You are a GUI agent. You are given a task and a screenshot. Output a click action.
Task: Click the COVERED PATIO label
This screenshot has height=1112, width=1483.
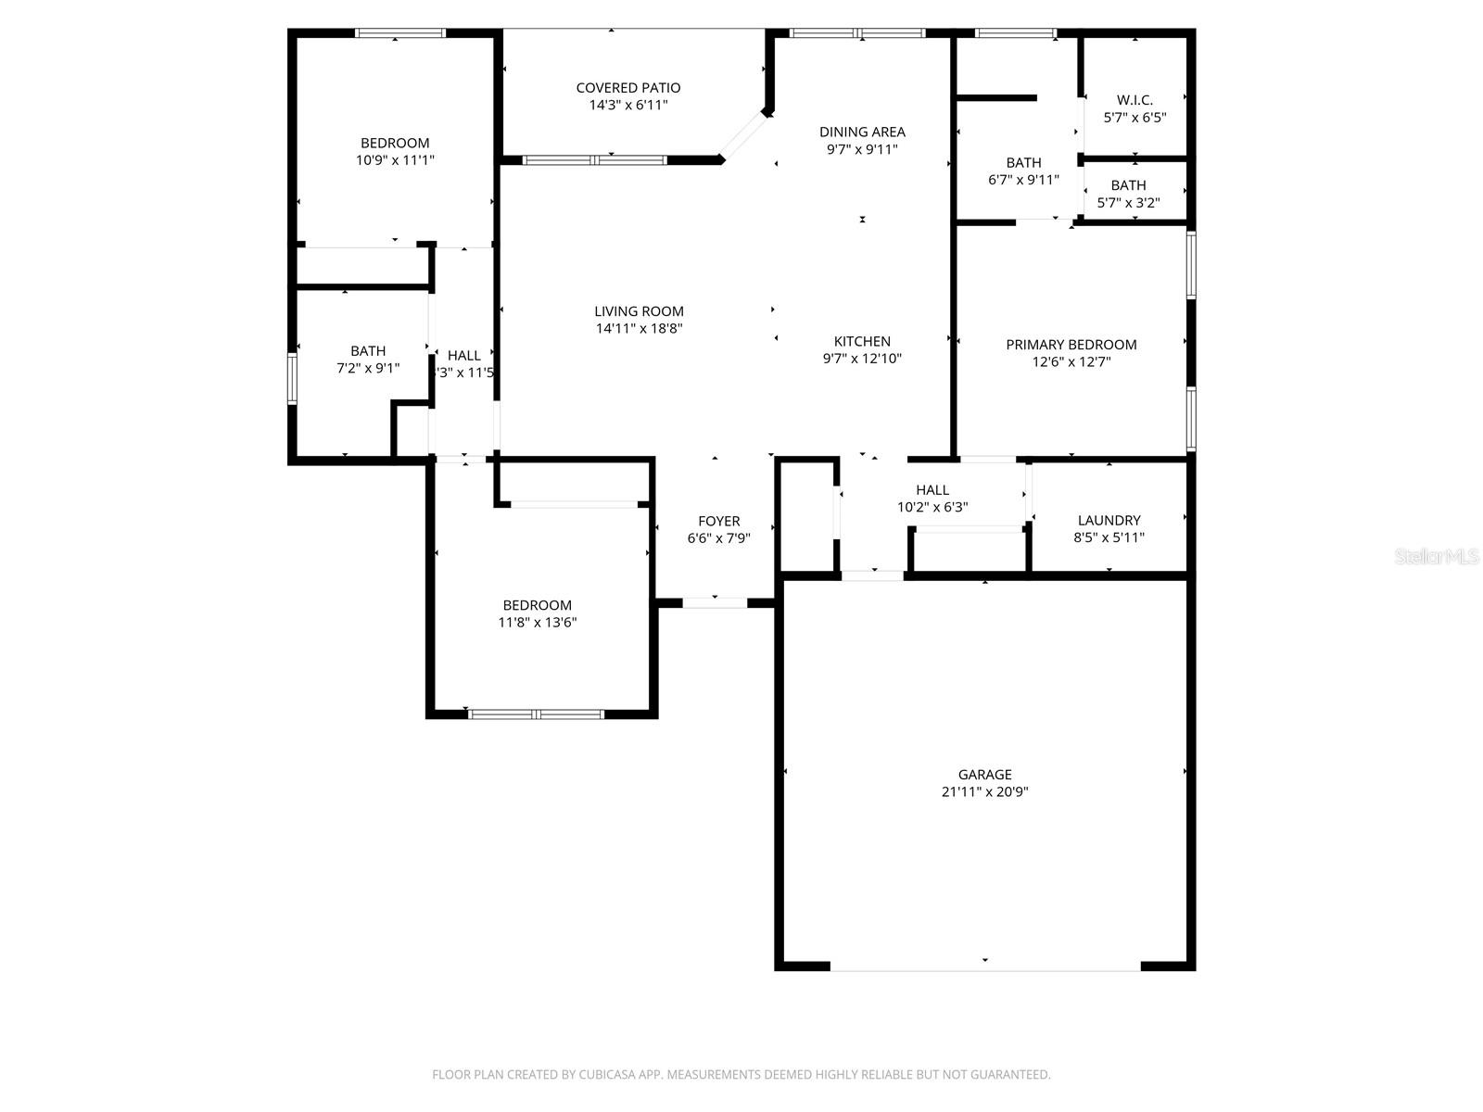(x=627, y=88)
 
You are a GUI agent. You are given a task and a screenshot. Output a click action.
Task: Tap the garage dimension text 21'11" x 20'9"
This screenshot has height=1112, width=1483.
(x=984, y=792)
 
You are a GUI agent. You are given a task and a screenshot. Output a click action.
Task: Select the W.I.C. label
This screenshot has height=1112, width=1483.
(x=1134, y=100)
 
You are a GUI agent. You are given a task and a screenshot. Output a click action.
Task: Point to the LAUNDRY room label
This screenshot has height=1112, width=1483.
(x=1109, y=521)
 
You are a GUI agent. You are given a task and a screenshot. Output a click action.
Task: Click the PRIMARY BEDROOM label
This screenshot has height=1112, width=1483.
(x=1071, y=345)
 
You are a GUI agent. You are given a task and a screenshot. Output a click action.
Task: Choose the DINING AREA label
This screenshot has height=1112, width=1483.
(x=862, y=132)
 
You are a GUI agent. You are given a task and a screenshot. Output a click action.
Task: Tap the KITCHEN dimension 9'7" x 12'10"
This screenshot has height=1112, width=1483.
(x=862, y=359)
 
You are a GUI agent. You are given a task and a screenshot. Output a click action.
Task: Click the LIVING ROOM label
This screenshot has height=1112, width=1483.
(x=639, y=311)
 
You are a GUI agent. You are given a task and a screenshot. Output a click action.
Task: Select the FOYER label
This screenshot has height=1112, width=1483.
(x=718, y=522)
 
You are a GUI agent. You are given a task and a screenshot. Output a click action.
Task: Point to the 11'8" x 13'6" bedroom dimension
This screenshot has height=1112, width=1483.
(x=537, y=623)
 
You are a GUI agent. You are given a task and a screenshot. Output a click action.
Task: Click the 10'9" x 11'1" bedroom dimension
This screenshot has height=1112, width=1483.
(x=395, y=160)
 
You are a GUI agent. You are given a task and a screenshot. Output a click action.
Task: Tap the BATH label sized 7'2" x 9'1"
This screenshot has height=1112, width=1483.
(x=368, y=351)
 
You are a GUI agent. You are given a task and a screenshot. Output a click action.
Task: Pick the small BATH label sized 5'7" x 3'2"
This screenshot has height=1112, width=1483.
(x=1128, y=185)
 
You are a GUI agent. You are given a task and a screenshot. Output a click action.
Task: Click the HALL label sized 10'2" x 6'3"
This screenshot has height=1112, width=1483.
(x=932, y=490)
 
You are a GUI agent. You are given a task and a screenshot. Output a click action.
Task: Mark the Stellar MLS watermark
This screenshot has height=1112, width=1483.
(x=1436, y=557)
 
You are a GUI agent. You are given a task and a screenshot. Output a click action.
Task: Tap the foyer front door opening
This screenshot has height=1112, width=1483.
(x=715, y=603)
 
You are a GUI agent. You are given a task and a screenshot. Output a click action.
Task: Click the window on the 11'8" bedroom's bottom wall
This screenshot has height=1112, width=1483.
(x=537, y=714)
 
